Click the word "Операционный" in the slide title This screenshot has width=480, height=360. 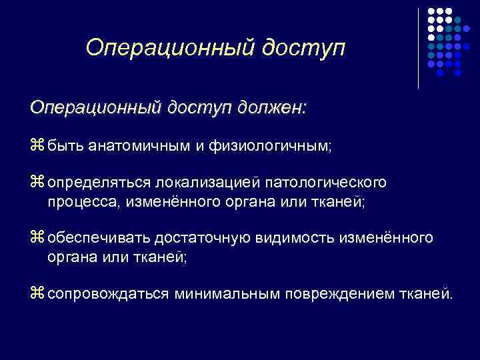170,47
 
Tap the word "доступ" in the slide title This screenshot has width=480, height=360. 304,47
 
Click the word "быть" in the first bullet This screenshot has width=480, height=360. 65,145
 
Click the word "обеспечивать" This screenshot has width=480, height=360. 100,239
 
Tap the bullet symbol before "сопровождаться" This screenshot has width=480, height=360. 37,294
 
